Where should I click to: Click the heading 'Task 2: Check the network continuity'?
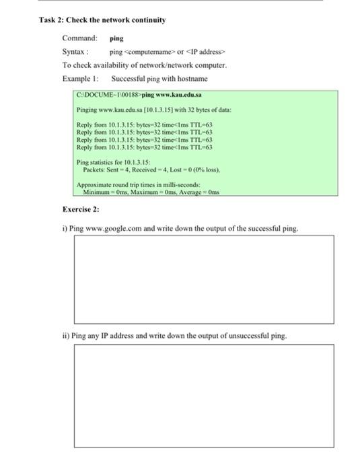(102, 20)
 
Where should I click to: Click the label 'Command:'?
(79, 39)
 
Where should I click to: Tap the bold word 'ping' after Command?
(116, 39)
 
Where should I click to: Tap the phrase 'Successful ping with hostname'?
(159, 79)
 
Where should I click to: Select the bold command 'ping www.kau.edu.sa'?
(172, 95)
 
